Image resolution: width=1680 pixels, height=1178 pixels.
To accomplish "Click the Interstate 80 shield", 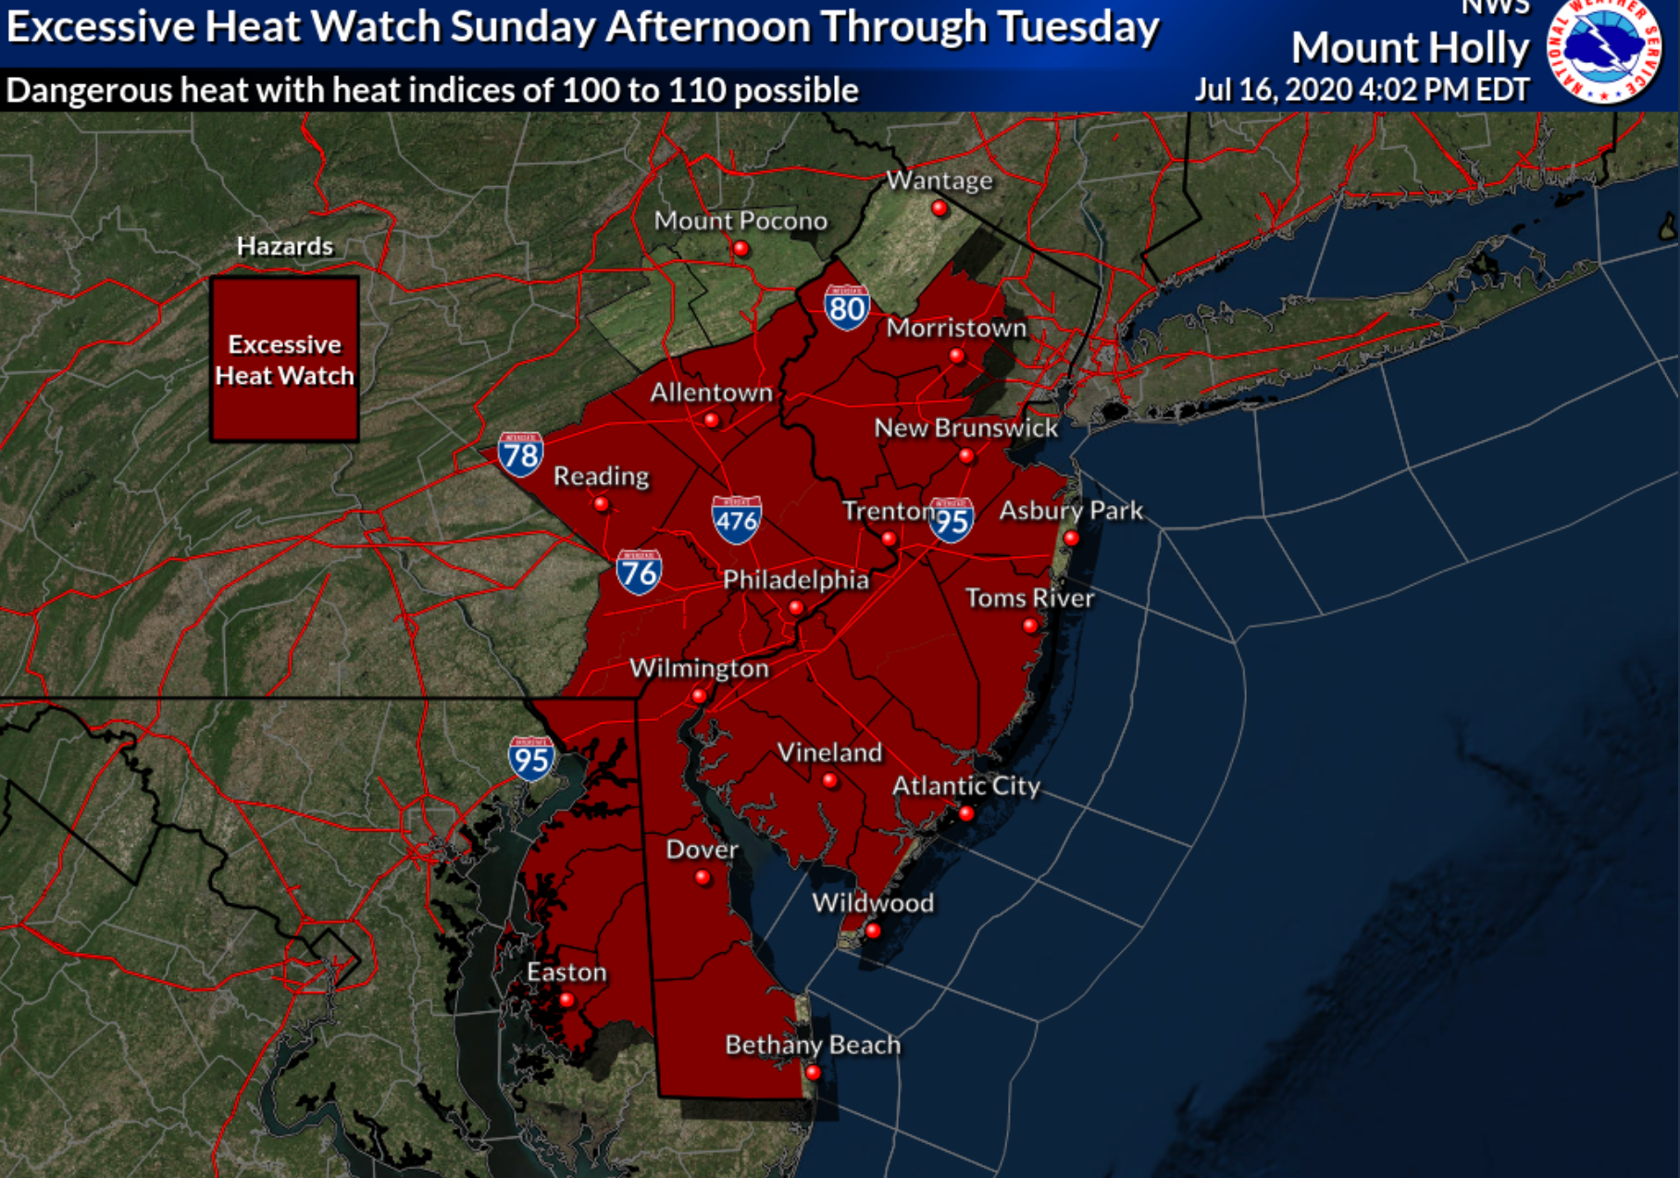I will (x=847, y=307).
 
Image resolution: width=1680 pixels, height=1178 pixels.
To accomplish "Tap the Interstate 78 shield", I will (x=520, y=453).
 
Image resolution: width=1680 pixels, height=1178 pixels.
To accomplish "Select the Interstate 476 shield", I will (x=737, y=519).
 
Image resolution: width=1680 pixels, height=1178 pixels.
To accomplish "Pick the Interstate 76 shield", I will (x=639, y=573).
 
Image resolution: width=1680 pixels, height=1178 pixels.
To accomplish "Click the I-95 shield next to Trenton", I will (x=952, y=520).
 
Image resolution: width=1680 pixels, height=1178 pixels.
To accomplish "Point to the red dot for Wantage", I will (x=940, y=208).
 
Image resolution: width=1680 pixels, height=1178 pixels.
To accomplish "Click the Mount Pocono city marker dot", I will (x=740, y=248).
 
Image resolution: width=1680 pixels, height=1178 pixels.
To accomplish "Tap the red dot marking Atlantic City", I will (x=966, y=814).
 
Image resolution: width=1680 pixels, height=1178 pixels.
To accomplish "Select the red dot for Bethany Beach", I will (x=813, y=1073).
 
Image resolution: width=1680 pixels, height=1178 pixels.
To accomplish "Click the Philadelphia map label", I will (x=795, y=580).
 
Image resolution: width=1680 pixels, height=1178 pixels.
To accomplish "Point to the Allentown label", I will (x=711, y=392).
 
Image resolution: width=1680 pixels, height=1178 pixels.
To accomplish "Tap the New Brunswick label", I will (x=965, y=428).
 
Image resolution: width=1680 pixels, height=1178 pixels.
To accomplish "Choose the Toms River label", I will (x=1029, y=598).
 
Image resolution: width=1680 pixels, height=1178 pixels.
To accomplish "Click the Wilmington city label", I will (x=699, y=668).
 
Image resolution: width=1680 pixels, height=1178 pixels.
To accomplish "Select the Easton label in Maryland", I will (x=566, y=972).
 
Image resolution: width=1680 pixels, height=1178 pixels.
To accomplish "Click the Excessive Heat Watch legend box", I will (x=284, y=359).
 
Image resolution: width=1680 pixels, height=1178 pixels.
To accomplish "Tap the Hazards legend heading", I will (x=284, y=246).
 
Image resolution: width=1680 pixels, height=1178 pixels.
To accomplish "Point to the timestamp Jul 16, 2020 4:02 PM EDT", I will (x=1362, y=90).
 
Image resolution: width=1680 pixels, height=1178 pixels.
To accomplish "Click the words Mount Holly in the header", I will (x=1410, y=48).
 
